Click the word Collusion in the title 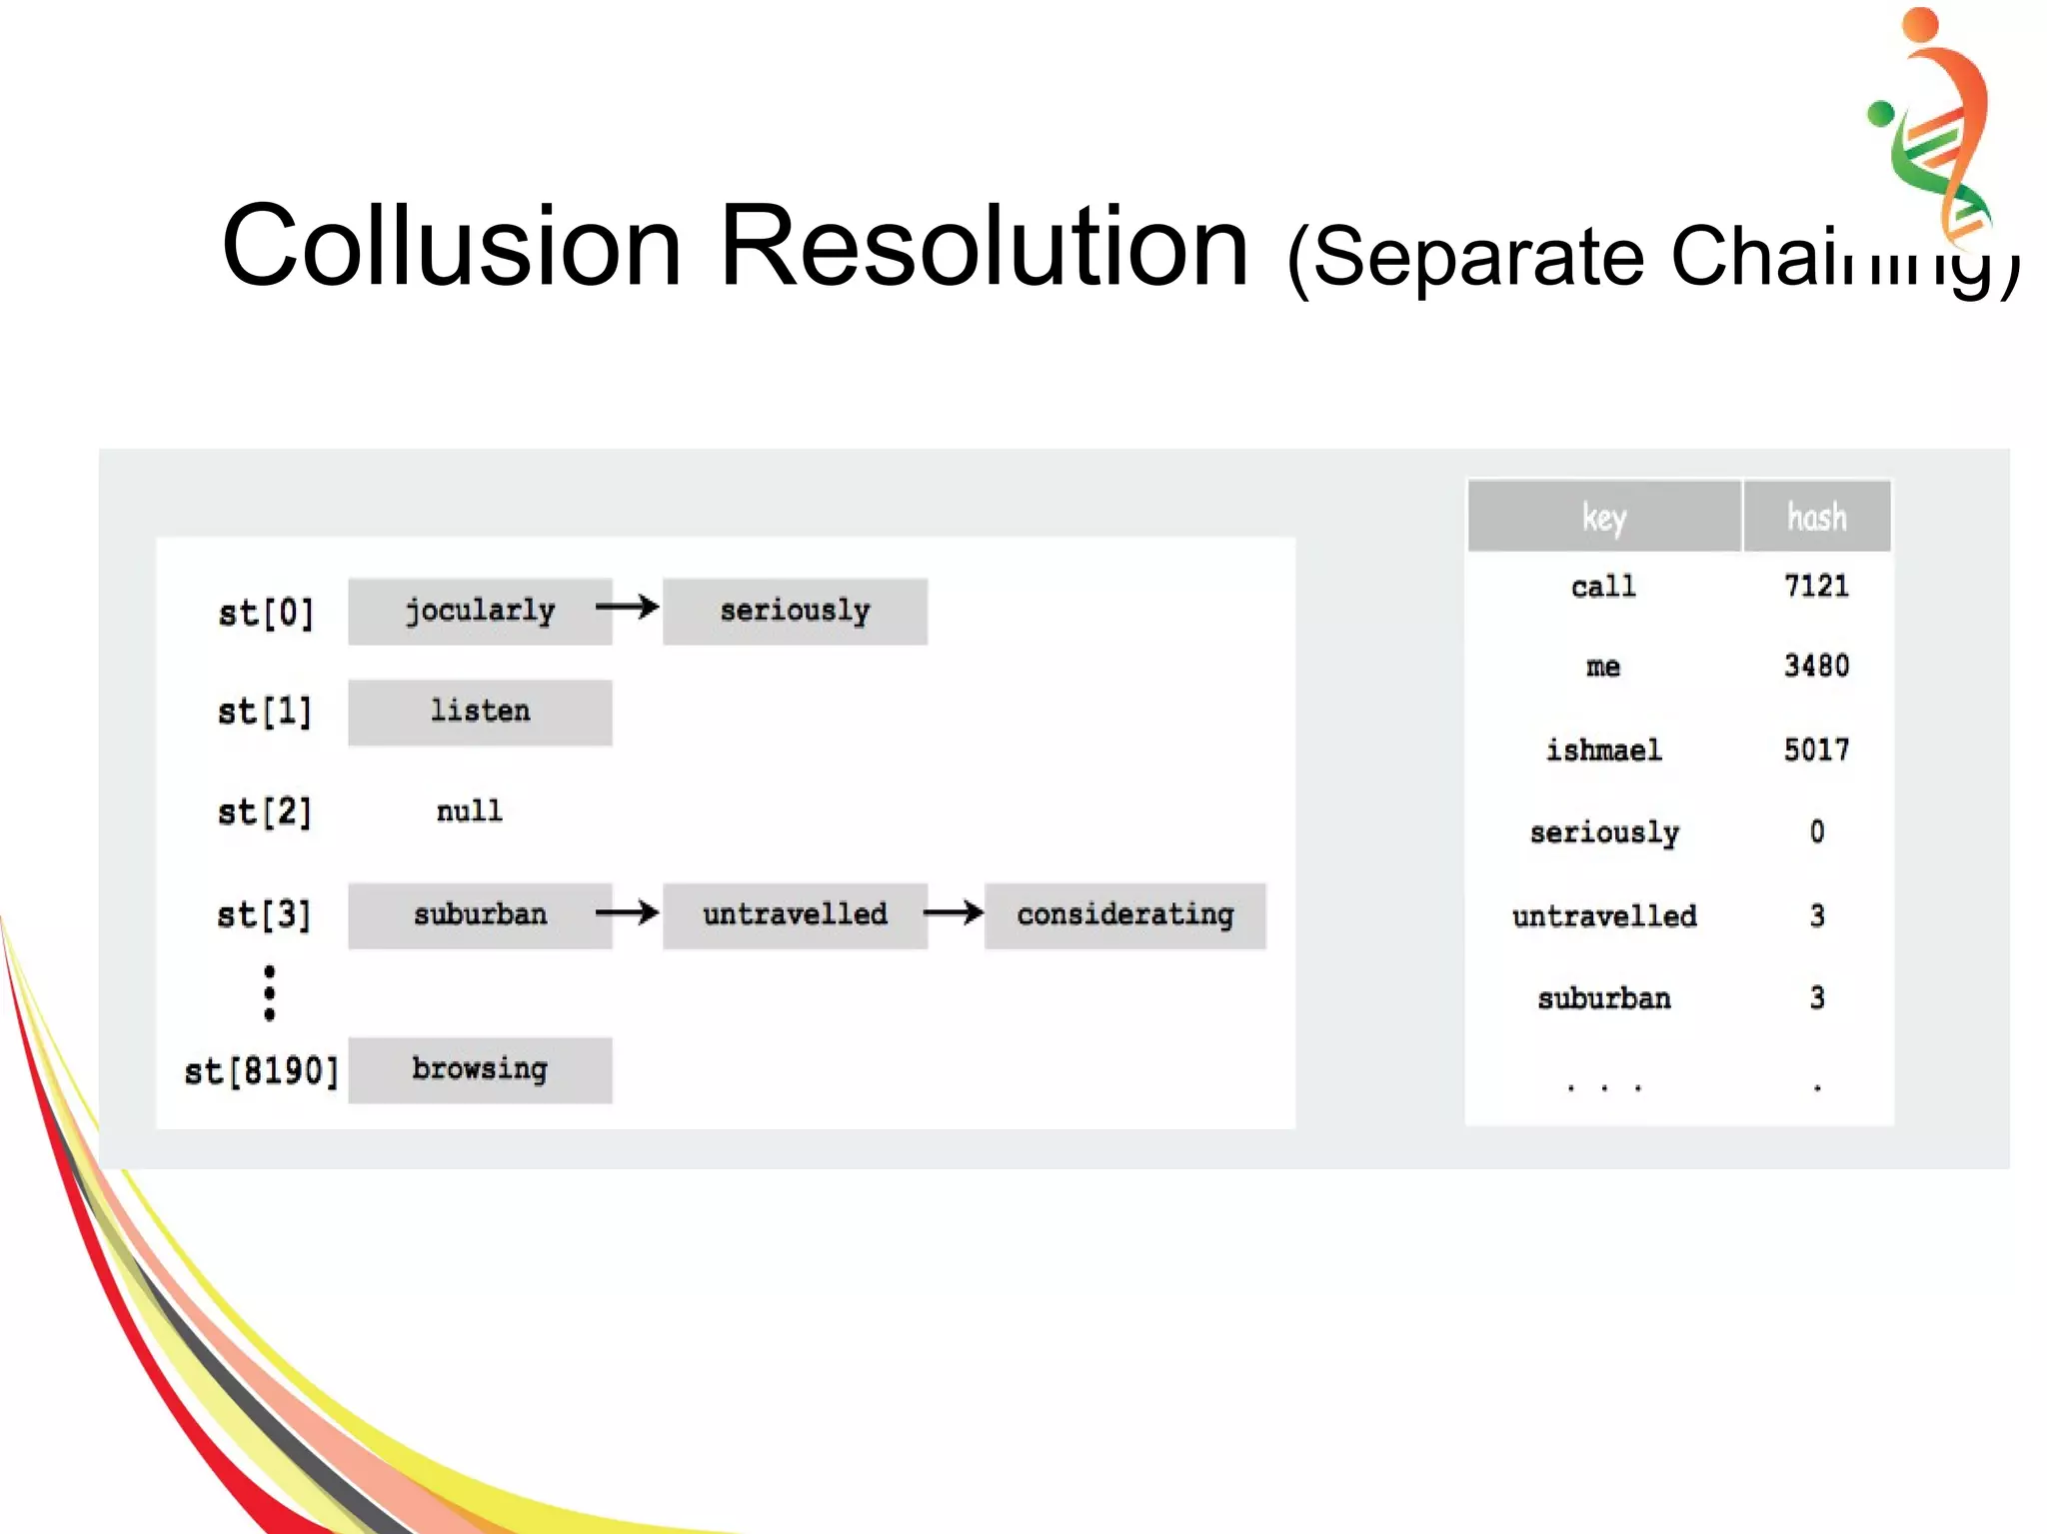click(x=452, y=246)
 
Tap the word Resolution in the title click(x=984, y=246)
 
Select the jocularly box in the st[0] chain click(x=480, y=611)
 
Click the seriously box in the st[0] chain click(x=795, y=611)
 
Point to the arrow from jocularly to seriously click(x=628, y=607)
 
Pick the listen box click(x=480, y=712)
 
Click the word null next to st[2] click(x=469, y=810)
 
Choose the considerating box click(x=1124, y=914)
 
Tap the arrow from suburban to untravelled click(x=628, y=911)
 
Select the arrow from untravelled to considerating click(x=954, y=911)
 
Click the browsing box click(x=480, y=1069)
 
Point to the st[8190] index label click(x=262, y=1071)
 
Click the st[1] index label click(x=265, y=712)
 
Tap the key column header click(x=1603, y=517)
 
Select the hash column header click(x=1816, y=517)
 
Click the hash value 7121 click(x=1816, y=586)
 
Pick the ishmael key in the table click(x=1603, y=750)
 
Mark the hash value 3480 click(x=1816, y=666)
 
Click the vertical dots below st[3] click(x=269, y=992)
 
